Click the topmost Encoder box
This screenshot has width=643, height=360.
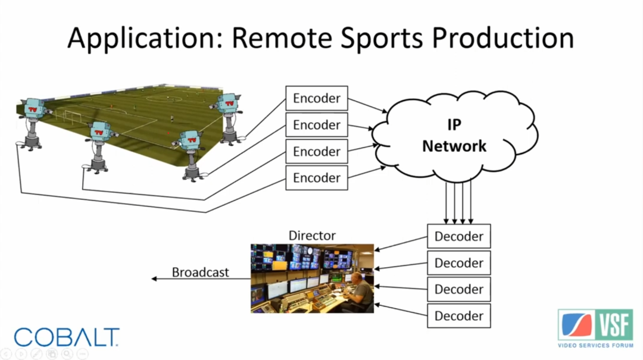(x=316, y=98)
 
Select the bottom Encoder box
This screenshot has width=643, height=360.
(x=316, y=178)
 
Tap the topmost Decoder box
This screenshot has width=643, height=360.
(x=458, y=236)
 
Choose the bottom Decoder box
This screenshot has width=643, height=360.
(x=458, y=315)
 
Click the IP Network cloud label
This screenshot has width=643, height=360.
(x=454, y=136)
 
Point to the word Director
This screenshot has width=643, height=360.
(x=312, y=236)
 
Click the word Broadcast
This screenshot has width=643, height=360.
(x=200, y=272)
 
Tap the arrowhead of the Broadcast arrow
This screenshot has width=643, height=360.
(x=154, y=278)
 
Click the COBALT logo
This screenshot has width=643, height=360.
(x=67, y=337)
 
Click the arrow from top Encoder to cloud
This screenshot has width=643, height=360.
(x=367, y=105)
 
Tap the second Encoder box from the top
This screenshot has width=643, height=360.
(x=316, y=125)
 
